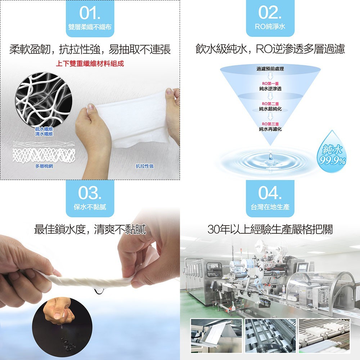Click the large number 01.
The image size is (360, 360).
90,13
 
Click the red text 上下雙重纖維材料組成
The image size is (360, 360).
90,63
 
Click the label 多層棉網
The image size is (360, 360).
44,166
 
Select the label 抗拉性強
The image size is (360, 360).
144,166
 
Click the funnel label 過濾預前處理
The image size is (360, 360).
270,69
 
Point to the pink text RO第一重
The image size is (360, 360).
270,84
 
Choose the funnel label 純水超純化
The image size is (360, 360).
270,109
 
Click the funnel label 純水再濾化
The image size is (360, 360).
270,129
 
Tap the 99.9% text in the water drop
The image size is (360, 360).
332,161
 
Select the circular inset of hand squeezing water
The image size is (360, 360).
62,327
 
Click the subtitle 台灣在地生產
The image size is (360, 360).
270,207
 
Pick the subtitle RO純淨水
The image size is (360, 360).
270,27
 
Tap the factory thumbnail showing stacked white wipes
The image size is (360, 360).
324,336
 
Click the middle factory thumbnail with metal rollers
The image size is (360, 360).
270,336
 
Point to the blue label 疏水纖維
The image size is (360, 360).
44,129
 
